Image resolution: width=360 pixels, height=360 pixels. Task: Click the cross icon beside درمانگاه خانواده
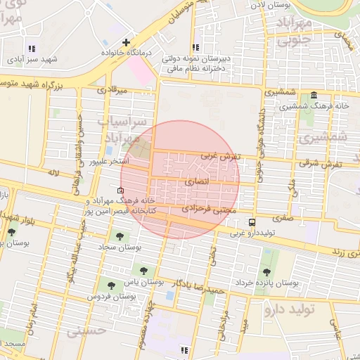(x=126, y=42)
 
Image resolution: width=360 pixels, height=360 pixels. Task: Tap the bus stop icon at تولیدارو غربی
(x=252, y=222)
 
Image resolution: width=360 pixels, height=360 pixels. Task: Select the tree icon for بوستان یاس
(x=144, y=269)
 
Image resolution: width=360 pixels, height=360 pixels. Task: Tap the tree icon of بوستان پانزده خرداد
(x=266, y=271)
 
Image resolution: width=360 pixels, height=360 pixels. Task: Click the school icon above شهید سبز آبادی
(x=31, y=47)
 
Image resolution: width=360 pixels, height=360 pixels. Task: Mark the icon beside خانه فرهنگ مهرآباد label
(x=119, y=191)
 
